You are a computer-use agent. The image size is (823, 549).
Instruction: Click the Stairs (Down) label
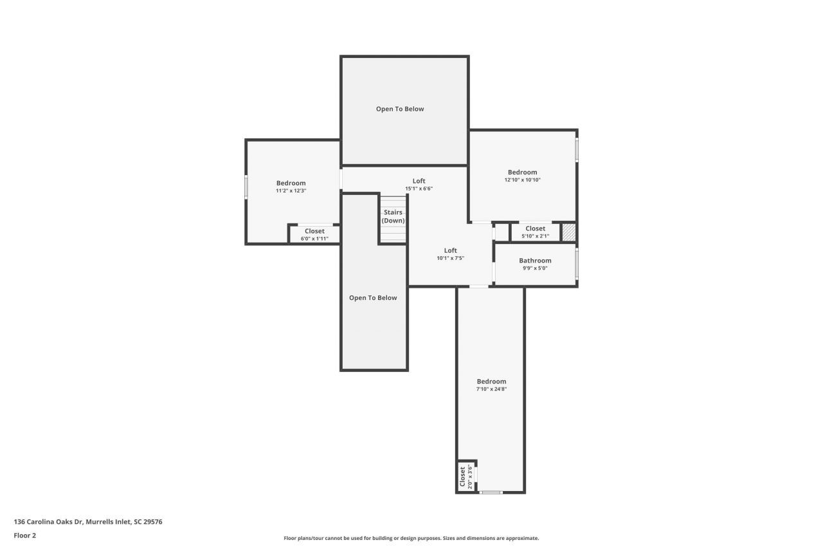[393, 216]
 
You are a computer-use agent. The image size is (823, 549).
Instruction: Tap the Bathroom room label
[535, 261]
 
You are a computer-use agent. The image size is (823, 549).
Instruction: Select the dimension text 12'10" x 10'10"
[522, 180]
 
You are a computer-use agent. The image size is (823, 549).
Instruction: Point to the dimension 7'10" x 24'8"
[491, 389]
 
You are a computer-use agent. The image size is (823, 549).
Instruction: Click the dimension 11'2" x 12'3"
[291, 191]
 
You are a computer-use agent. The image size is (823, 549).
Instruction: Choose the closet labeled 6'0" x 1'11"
[314, 234]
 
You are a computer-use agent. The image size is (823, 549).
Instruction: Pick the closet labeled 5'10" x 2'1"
[535, 232]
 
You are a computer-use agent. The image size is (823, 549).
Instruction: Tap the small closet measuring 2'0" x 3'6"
[465, 477]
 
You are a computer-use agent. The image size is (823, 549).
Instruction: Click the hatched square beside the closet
[568, 232]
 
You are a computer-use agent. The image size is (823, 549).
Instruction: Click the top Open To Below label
[400, 109]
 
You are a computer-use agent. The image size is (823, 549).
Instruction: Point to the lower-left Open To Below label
[373, 298]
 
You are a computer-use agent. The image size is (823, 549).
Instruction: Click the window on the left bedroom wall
[246, 187]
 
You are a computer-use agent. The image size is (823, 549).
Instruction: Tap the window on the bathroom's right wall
[577, 263]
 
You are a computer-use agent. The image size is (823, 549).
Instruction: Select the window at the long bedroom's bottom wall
[491, 492]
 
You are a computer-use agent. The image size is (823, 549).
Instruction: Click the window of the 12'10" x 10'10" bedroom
[577, 150]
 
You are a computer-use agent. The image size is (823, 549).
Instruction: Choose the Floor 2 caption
[24, 535]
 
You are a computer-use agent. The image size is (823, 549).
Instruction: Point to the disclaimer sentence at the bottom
[411, 538]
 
